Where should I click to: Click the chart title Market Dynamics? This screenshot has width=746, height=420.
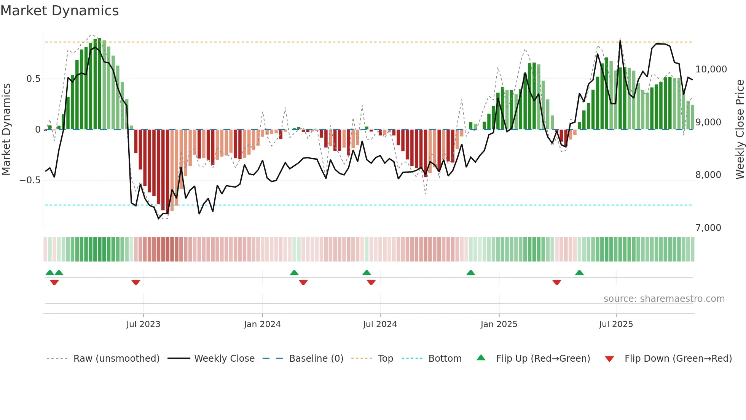[x=60, y=11]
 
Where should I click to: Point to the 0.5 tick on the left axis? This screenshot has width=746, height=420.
[x=33, y=79]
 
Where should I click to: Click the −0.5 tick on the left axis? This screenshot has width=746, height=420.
[x=30, y=180]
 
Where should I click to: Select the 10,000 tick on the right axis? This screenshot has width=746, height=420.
[x=711, y=69]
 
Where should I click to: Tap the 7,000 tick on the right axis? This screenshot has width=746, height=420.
[x=708, y=228]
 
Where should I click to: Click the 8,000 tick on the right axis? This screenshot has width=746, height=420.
[x=708, y=175]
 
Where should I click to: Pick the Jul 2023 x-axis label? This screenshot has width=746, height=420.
[x=143, y=324]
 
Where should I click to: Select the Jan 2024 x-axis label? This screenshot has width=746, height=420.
[x=262, y=324]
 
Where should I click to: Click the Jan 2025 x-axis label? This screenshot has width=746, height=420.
[x=499, y=324]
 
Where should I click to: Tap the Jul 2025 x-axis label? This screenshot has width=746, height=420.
[x=616, y=324]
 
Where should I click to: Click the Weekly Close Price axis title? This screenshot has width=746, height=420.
[x=740, y=130]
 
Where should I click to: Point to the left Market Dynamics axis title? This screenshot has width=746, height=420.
[x=6, y=130]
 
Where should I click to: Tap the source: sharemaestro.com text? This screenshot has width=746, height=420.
[x=664, y=299]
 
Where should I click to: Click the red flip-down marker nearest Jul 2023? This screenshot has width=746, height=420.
[x=136, y=282]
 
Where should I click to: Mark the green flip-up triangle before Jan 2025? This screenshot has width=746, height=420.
[x=471, y=273]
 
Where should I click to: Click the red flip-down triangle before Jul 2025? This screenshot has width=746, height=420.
[x=557, y=282]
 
